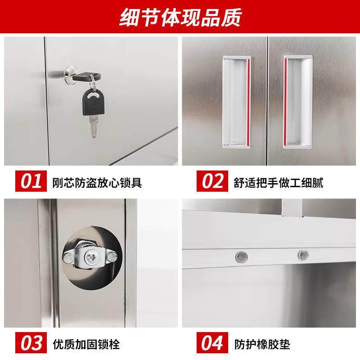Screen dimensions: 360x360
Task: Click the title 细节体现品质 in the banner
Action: tap(180, 18)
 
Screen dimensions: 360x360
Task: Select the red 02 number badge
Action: tap(212, 182)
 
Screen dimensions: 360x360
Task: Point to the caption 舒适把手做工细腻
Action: tap(279, 183)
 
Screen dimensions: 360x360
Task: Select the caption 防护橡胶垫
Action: tap(262, 345)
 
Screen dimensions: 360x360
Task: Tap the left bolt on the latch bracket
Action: tap(69, 258)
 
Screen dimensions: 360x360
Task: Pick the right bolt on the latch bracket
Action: tap(111, 257)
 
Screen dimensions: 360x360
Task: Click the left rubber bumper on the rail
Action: tap(242, 256)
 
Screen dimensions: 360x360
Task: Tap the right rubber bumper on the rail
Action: tap(302, 255)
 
